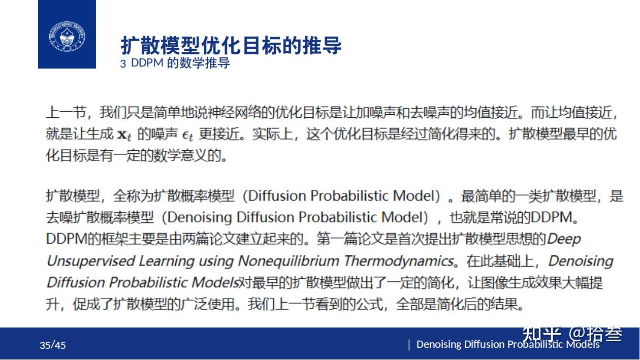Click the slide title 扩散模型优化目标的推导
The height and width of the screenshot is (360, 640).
click(x=231, y=46)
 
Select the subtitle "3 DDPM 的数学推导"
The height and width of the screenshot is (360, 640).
click(x=175, y=63)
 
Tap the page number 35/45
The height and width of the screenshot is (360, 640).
click(x=53, y=346)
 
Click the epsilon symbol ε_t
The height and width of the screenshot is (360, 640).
click(x=187, y=135)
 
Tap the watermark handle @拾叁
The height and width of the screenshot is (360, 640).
click(x=595, y=334)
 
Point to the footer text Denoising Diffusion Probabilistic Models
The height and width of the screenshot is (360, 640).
click(x=508, y=344)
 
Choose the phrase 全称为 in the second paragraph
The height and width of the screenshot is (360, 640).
click(x=133, y=196)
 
